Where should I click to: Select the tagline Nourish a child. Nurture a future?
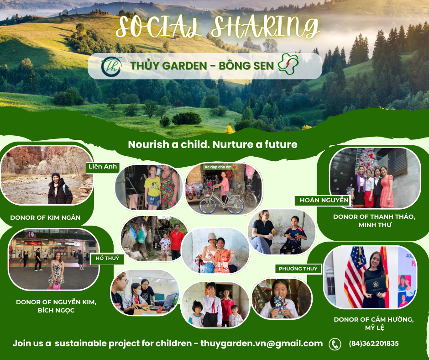(x=213, y=144)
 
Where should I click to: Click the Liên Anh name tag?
(x=102, y=167)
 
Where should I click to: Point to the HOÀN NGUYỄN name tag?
(x=321, y=200)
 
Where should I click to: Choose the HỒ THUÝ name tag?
(x=107, y=259)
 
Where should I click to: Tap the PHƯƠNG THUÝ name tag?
(x=298, y=269)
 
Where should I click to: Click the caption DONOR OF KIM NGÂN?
(x=45, y=217)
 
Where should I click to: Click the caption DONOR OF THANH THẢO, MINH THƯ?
(x=374, y=221)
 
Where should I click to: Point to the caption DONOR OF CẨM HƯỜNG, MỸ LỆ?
(x=374, y=323)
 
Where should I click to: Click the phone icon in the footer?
(x=335, y=344)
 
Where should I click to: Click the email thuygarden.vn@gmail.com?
(x=262, y=344)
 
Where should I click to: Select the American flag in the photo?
(x=355, y=276)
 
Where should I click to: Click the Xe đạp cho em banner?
(x=221, y=167)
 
